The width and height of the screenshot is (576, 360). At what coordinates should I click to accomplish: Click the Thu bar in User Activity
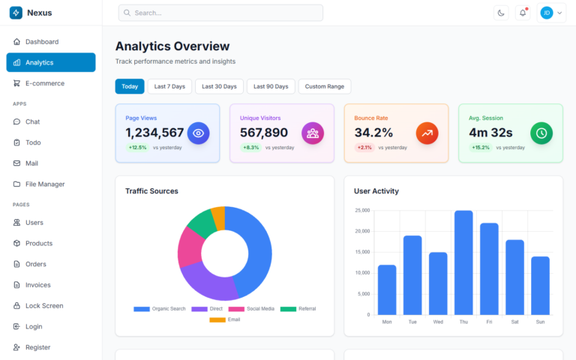(463, 262)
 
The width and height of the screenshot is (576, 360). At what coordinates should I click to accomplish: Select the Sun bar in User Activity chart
(540, 285)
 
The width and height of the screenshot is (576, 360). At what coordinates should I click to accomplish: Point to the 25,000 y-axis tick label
(362, 211)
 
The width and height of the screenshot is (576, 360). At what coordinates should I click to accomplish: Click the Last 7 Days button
(169, 86)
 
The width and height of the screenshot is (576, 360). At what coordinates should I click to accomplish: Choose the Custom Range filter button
(325, 86)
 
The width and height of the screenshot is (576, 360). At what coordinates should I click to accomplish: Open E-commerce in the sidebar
(44, 83)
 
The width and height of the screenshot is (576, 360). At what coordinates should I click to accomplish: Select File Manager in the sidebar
(44, 184)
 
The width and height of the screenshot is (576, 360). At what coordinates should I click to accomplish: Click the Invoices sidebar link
(37, 285)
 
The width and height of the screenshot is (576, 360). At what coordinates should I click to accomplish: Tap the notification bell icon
(523, 13)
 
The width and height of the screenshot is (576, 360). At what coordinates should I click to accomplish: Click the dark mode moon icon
(501, 13)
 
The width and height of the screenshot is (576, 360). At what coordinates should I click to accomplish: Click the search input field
(220, 13)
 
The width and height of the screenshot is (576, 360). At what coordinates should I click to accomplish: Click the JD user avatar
(546, 13)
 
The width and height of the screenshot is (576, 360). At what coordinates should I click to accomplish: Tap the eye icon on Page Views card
(198, 133)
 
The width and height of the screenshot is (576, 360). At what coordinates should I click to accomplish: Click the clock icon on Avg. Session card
(541, 133)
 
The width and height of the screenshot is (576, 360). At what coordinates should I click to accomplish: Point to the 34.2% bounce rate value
(373, 133)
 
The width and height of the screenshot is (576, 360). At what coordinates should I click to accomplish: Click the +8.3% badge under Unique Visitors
(250, 148)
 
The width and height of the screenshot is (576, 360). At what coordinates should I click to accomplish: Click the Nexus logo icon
(16, 13)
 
